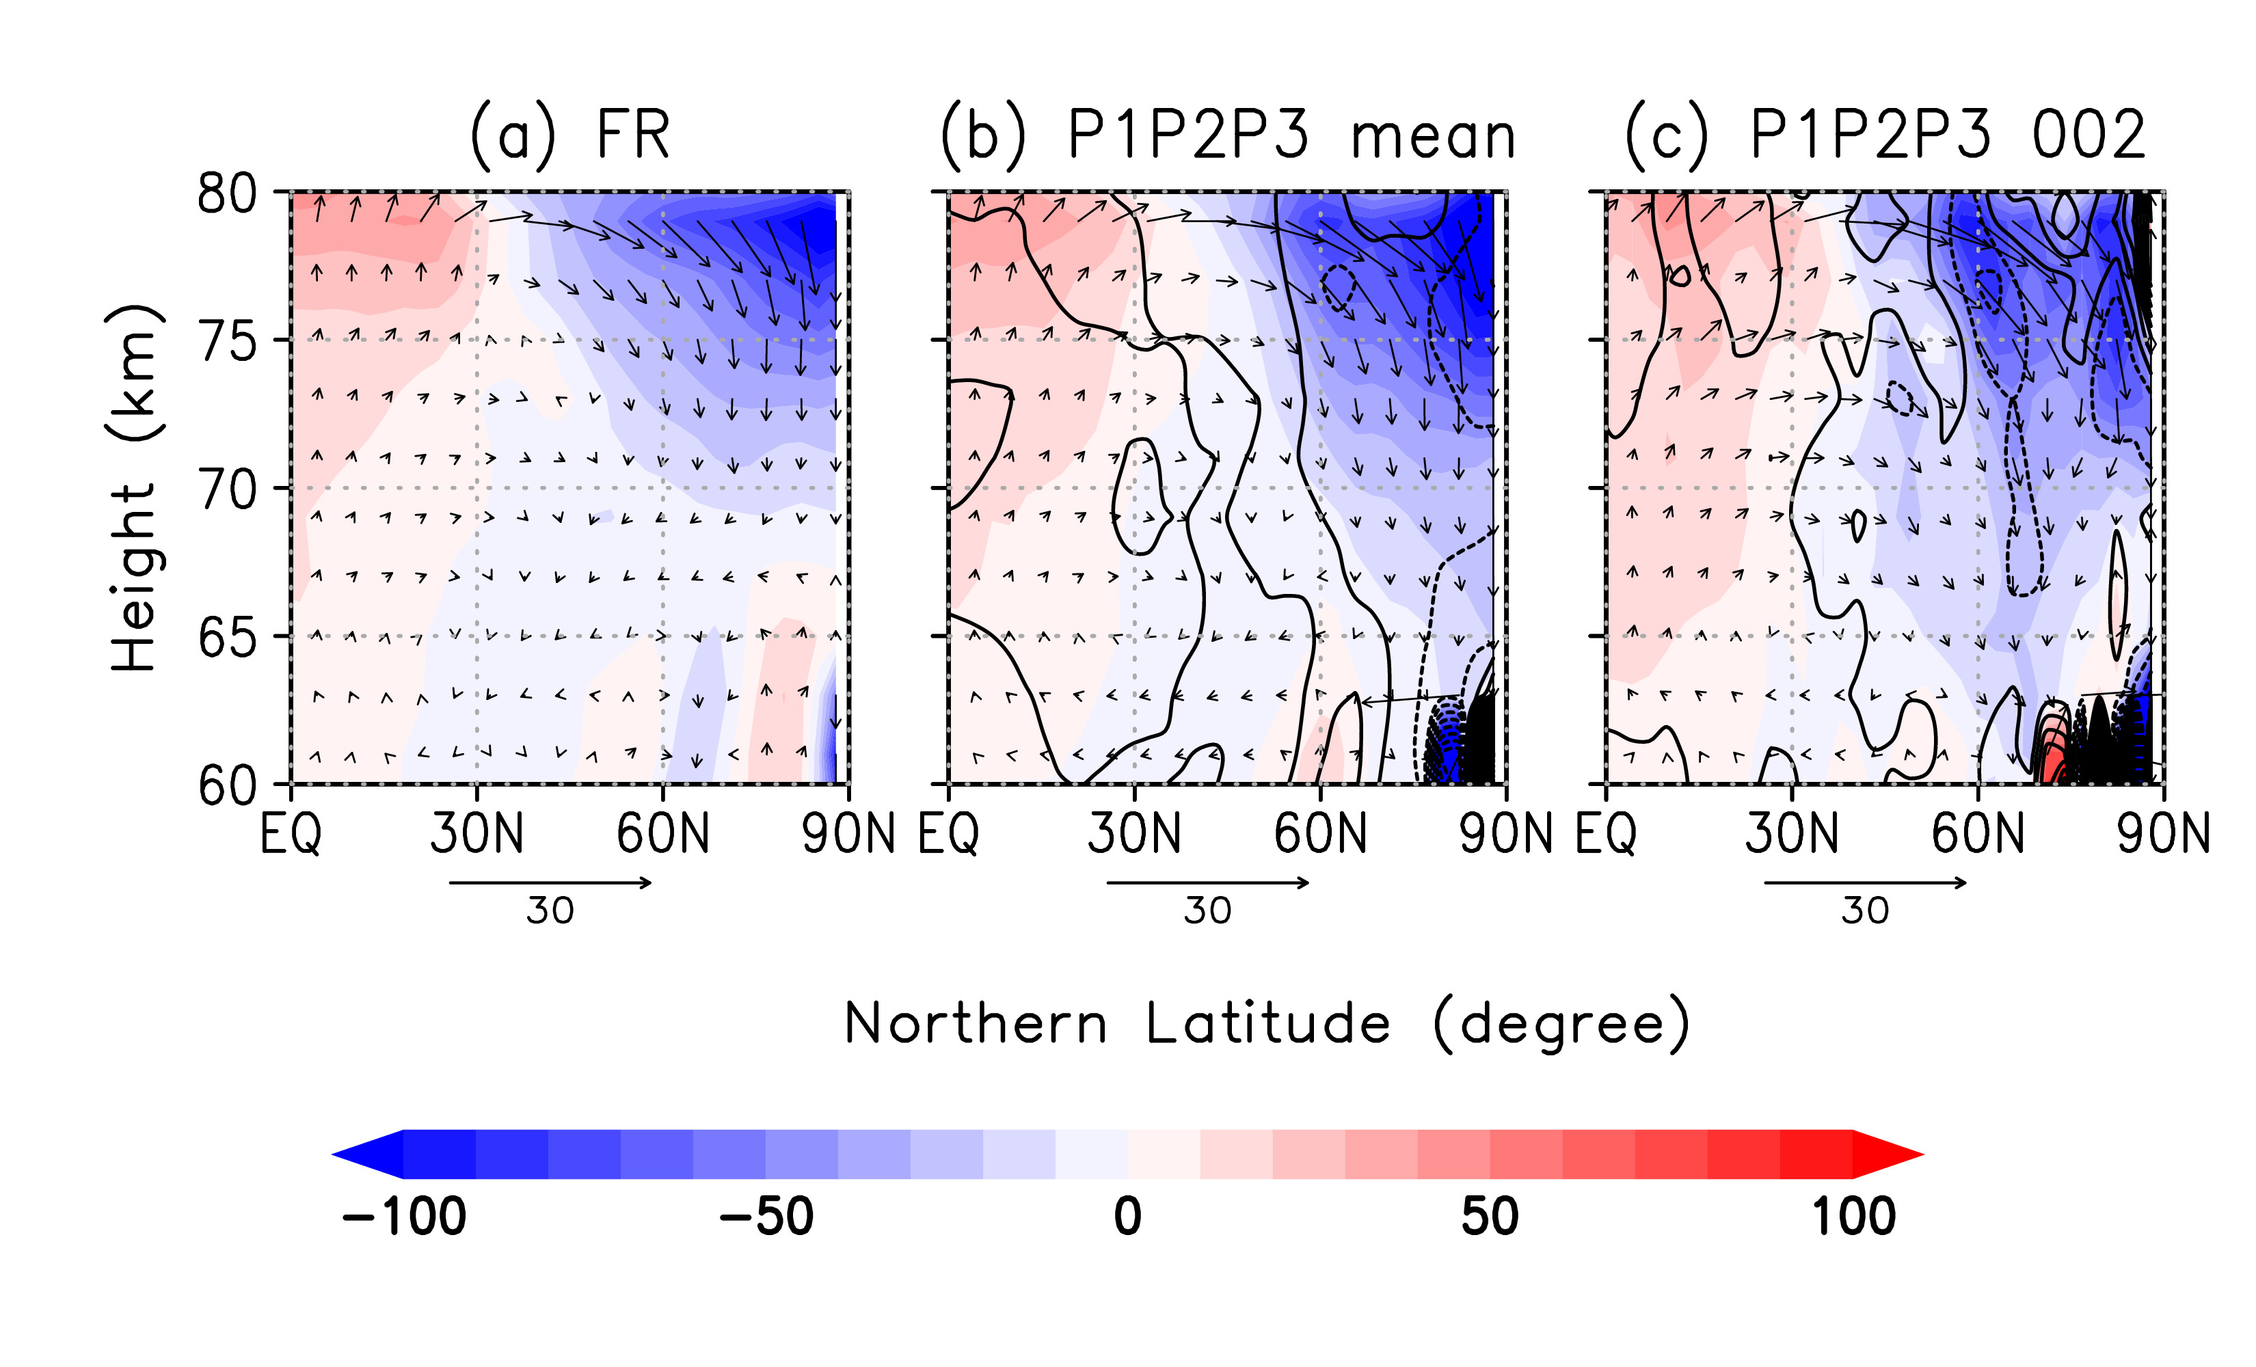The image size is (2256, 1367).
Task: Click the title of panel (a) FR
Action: tap(569, 135)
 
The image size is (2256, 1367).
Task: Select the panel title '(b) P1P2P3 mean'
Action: tap(1228, 135)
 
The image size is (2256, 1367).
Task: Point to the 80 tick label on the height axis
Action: tap(227, 194)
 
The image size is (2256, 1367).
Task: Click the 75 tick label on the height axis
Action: tap(227, 342)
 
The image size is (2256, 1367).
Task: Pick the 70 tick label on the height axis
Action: tap(227, 490)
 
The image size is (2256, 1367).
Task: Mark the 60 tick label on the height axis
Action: tap(227, 785)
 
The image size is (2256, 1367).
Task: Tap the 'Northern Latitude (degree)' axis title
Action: tap(1266, 1024)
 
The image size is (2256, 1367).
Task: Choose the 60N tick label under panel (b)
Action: tap(1320, 834)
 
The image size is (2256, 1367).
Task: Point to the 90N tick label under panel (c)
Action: tap(2162, 834)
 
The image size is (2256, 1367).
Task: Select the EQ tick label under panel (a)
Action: tap(291, 834)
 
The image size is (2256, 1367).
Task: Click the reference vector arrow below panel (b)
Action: tap(1209, 882)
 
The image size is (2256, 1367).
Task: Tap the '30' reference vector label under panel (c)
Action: tap(1865, 911)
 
